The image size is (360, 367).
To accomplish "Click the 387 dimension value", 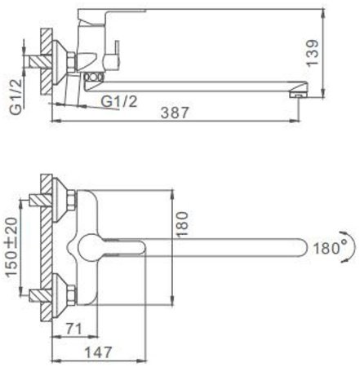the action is (x=175, y=113).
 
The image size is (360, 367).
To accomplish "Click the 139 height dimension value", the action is (x=312, y=52).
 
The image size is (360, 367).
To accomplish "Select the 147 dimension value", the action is (x=99, y=352).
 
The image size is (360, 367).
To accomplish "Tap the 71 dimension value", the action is (x=73, y=329).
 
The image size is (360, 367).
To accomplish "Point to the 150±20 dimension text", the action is (x=12, y=247).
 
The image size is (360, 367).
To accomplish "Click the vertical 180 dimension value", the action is (x=182, y=224).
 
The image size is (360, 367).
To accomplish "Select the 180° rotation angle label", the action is (x=327, y=248).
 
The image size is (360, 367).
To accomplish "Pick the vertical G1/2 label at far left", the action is (x=16, y=96).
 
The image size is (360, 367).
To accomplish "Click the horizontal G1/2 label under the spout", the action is (x=119, y=101).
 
